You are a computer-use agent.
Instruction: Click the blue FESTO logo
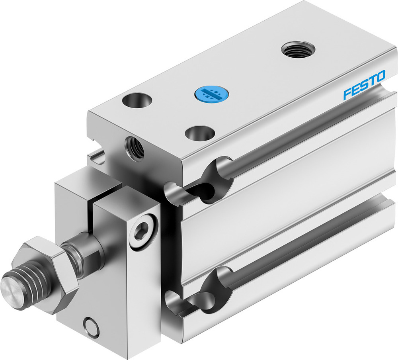(x=364, y=84)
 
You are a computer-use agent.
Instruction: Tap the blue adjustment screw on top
(x=207, y=94)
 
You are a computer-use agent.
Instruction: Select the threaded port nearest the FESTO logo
(x=298, y=50)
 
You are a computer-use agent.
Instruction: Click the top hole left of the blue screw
(x=137, y=100)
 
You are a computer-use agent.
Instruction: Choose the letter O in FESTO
(x=380, y=75)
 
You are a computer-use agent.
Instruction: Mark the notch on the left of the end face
(x=98, y=156)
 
